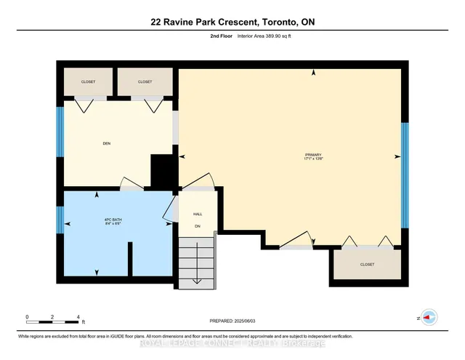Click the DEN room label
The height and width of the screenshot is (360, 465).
coord(106,143)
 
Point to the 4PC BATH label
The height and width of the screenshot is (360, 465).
coord(97,220)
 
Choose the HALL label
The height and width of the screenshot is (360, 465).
coord(197,215)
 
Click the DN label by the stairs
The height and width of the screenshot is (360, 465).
coord(197,227)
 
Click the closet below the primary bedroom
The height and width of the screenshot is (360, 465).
coord(367,265)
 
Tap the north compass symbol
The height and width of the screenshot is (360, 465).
coord(429,318)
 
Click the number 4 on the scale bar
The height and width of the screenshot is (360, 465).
coord(78,317)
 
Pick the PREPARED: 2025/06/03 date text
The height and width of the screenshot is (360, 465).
coord(232,320)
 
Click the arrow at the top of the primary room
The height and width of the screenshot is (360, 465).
coord(313,72)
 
